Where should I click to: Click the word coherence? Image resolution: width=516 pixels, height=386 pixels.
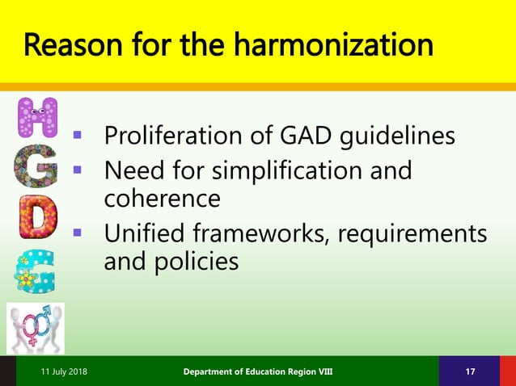point(163,198)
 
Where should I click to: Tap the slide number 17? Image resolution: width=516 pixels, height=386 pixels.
point(470,371)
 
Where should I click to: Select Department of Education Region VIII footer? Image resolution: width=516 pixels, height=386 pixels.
point(257,371)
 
